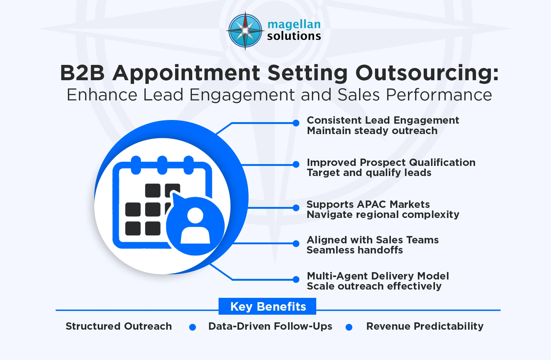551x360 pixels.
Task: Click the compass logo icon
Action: pyautogui.click(x=245, y=31)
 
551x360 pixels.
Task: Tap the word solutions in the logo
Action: pyautogui.click(x=294, y=36)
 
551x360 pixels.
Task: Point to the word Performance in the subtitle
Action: pyautogui.click(x=439, y=95)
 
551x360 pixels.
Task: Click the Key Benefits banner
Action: pyautogui.click(x=268, y=306)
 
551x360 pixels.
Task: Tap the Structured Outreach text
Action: pyautogui.click(x=119, y=326)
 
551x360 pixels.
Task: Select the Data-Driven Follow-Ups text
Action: pyautogui.click(x=270, y=326)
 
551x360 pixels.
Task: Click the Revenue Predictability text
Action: pyautogui.click(x=425, y=326)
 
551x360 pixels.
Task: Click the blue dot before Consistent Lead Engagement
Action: pyautogui.click(x=296, y=123)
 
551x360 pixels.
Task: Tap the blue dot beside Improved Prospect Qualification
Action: pyautogui.click(x=296, y=165)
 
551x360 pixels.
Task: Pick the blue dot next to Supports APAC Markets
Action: pyautogui.click(x=296, y=208)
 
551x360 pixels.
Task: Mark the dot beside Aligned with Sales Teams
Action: pyautogui.click(x=296, y=244)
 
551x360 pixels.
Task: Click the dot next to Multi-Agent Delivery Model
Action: pyautogui.click(x=296, y=279)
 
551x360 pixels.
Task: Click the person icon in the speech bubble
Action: pyautogui.click(x=195, y=226)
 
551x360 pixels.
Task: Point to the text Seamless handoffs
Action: pyautogui.click(x=354, y=250)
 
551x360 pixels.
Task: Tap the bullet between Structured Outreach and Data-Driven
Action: pyautogui.click(x=193, y=327)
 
